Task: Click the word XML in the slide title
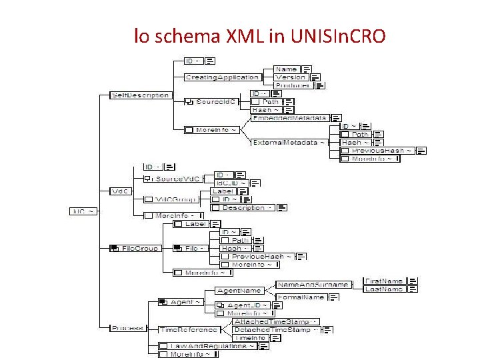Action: pyautogui.click(x=224, y=37)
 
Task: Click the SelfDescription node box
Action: pyautogui.click(x=140, y=95)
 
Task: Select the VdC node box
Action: pyautogui.click(x=120, y=191)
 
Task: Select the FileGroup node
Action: pyautogui.click(x=139, y=248)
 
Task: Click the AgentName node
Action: pyautogui.click(x=239, y=291)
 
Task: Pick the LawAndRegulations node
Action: pyautogui.click(x=211, y=346)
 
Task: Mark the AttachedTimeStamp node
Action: pyautogui.click(x=271, y=322)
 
